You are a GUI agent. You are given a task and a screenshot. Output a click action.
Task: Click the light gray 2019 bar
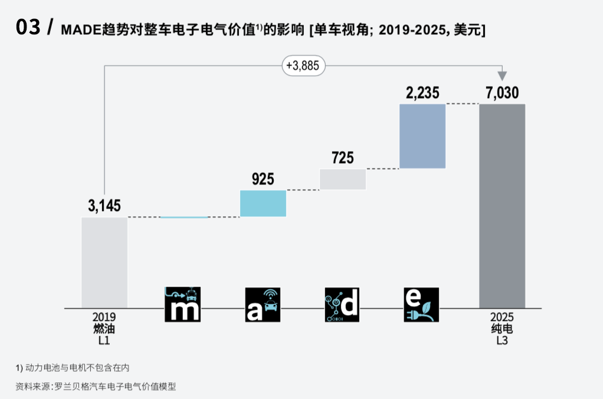(x=104, y=262)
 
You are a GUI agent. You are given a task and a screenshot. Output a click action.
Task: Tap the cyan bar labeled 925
(x=263, y=203)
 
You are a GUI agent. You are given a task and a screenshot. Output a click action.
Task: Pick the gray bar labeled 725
(x=343, y=179)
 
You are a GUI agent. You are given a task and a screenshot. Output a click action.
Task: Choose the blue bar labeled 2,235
(x=422, y=137)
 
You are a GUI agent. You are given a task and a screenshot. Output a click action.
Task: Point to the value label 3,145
(x=104, y=206)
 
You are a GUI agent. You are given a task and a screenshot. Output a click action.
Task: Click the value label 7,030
(x=502, y=93)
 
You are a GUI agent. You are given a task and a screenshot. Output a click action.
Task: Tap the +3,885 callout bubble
(x=304, y=66)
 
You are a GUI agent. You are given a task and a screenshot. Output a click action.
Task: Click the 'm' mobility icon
(x=182, y=304)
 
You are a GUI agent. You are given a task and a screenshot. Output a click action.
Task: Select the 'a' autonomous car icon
(x=263, y=304)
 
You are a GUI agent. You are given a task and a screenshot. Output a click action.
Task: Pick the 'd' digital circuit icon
(x=342, y=304)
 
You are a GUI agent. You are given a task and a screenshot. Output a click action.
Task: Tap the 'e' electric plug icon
(x=421, y=304)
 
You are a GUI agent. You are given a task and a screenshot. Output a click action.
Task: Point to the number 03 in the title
(x=28, y=28)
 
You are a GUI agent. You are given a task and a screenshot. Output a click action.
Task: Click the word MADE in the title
(x=81, y=30)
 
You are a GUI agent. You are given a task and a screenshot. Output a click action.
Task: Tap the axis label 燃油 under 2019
(x=104, y=328)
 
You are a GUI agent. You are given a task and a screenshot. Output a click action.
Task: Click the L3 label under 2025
(x=502, y=340)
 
